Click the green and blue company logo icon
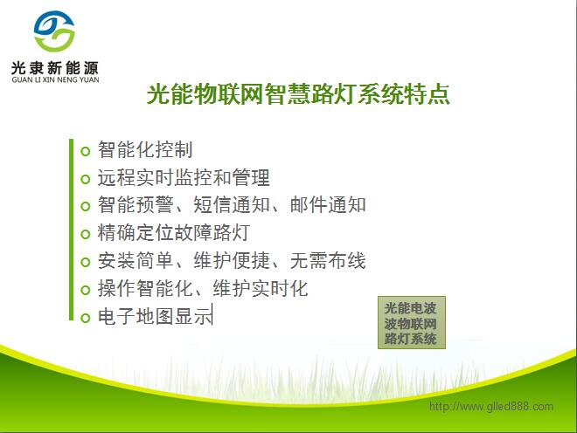[53, 33]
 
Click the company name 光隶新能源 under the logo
[55, 67]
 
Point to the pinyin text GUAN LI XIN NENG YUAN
[55, 79]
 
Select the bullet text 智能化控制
[145, 150]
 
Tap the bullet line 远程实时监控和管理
[184, 178]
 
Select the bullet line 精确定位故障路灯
[174, 233]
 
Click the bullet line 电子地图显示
[155, 317]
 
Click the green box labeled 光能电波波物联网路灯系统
[410, 324]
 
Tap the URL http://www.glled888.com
[490, 407]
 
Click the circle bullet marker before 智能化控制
[85, 151]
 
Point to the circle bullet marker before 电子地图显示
[85, 318]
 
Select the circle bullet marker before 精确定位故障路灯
[85, 234]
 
